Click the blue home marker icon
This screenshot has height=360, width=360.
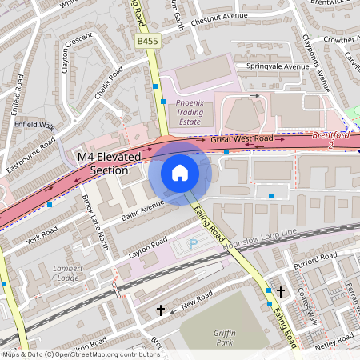(x=180, y=173)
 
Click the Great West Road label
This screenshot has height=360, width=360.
(x=242, y=139)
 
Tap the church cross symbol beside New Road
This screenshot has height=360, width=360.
(x=160, y=309)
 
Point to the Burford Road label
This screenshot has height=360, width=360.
(x=314, y=260)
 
